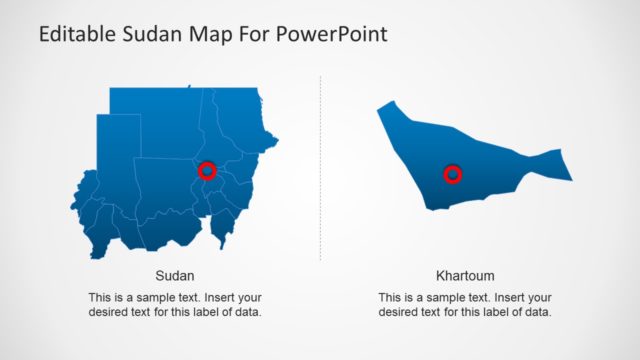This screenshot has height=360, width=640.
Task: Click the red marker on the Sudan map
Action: [x=207, y=170]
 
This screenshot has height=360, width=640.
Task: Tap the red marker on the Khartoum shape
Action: [x=453, y=175]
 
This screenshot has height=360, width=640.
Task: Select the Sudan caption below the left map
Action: [x=175, y=275]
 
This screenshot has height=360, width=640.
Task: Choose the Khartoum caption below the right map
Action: [x=465, y=275]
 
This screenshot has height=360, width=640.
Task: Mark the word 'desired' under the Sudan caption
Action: [x=108, y=312]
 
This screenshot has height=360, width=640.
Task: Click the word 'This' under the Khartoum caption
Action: [x=390, y=297]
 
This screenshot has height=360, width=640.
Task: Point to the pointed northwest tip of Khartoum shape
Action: [x=381, y=105]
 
